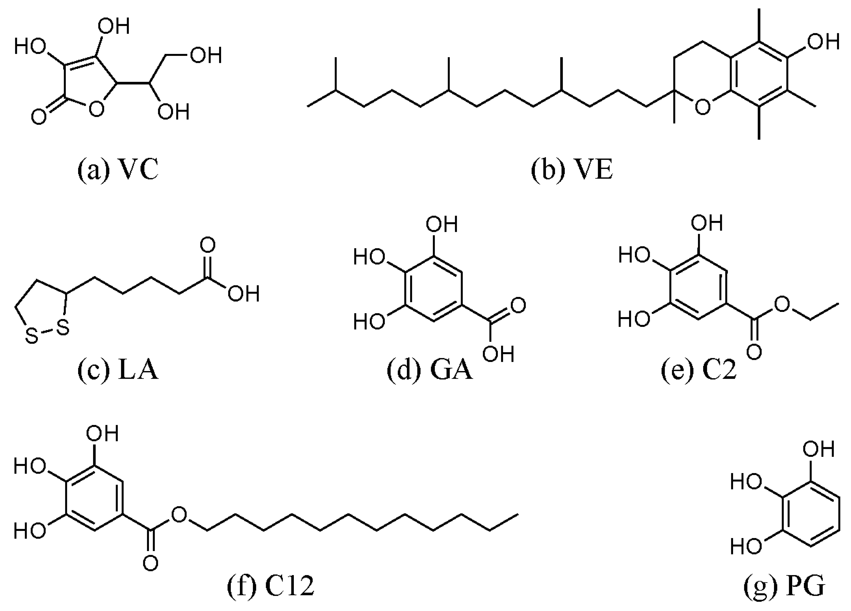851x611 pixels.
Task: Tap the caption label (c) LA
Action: [118, 371]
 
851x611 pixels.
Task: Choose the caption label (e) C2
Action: [699, 371]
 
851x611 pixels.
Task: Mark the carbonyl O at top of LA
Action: [208, 245]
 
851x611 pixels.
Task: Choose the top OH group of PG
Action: [818, 449]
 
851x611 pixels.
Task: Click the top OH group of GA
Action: [442, 224]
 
